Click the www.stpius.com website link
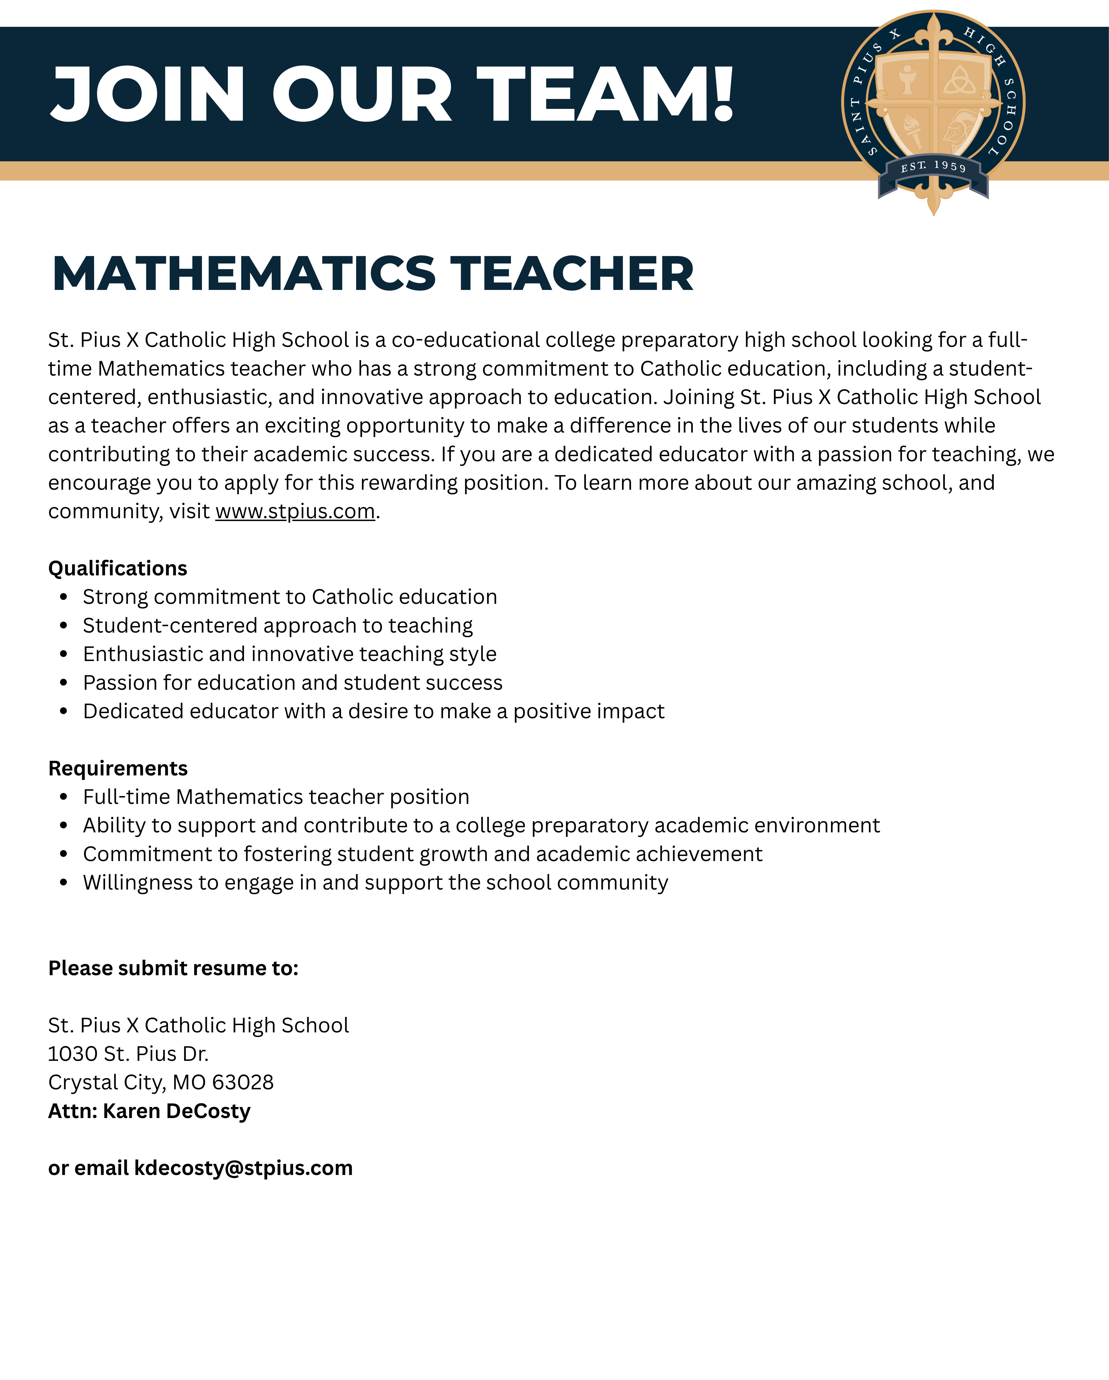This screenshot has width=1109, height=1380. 295,511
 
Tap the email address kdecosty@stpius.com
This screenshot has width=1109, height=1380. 243,1168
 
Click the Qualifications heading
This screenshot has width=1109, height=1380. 118,568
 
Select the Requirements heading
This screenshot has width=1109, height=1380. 118,768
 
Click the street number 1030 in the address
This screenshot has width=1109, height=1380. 72,1054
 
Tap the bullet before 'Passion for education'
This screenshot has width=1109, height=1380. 63,683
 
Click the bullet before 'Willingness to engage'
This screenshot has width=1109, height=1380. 63,883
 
